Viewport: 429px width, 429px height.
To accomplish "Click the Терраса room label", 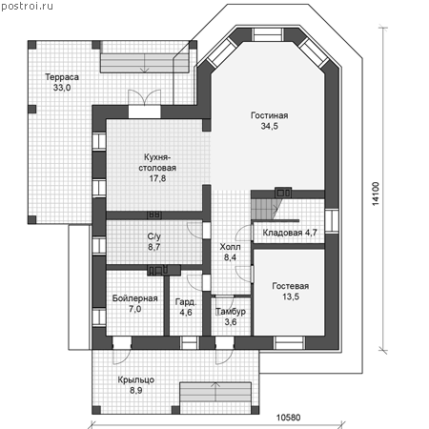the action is tap(62, 77).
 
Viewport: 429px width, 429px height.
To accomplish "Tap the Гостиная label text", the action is tap(269, 115).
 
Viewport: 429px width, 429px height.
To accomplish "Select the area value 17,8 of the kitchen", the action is tap(157, 178).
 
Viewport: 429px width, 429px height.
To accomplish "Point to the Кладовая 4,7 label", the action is tap(290, 233).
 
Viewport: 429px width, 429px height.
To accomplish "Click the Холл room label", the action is tap(230, 247).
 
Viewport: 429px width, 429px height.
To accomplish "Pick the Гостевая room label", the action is tap(291, 286).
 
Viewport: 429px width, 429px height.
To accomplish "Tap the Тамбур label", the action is tap(231, 312).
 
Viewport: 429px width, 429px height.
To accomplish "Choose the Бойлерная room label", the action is tap(134, 298).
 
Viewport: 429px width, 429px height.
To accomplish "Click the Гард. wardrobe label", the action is tap(186, 302).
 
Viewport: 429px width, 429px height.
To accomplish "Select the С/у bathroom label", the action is tap(154, 236).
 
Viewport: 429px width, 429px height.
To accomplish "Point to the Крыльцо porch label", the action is tap(136, 380).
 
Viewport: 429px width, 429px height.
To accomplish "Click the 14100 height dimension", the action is tap(376, 194).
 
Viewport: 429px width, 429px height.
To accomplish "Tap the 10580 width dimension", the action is tap(288, 418).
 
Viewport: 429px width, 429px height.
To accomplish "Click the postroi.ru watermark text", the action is tap(27, 7).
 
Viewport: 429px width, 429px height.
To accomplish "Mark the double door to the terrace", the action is tap(144, 97).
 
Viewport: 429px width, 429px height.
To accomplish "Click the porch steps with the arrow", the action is tap(215, 392).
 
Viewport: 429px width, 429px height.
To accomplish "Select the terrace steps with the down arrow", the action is tap(145, 63).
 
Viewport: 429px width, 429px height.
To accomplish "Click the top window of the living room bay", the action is tap(268, 34).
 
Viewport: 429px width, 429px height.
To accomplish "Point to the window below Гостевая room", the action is tap(290, 343).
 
